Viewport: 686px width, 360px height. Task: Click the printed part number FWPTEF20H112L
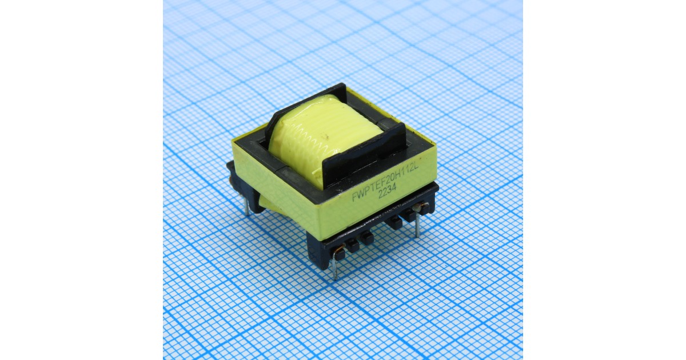point(385,182)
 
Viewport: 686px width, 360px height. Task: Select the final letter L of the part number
point(416,167)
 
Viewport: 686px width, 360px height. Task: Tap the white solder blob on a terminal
point(416,208)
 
